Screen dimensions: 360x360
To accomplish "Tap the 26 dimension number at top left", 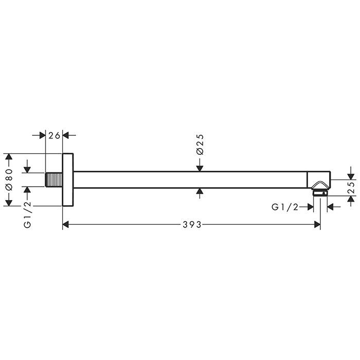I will [55, 135].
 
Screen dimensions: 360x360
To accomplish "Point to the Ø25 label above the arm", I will [200, 145].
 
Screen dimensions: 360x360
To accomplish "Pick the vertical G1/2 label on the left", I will [28, 215].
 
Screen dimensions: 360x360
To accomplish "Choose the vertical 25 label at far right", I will [351, 187].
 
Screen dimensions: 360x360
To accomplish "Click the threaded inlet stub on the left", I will [53, 179].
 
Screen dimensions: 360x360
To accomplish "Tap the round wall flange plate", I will [68, 179].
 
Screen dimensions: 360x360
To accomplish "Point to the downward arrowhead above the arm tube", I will [200, 168].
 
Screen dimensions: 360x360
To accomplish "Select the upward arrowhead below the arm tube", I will [200, 192].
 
